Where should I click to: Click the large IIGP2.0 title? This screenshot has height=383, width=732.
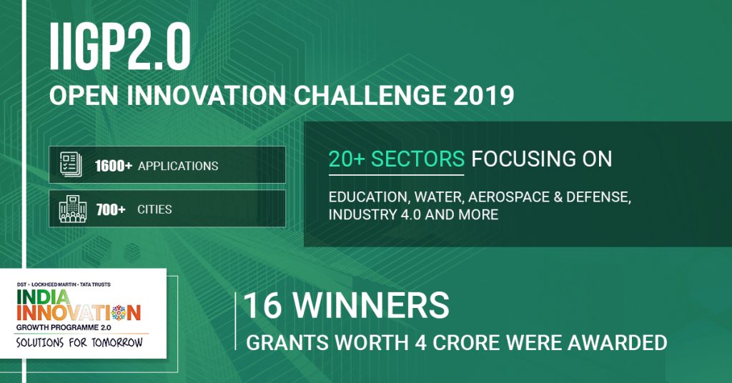[119, 46]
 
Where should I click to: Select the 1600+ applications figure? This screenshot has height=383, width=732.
[114, 166]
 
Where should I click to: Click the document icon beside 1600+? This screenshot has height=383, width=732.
[71, 164]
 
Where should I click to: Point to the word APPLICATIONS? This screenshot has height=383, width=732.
[178, 166]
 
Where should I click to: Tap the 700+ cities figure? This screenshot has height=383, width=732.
[111, 209]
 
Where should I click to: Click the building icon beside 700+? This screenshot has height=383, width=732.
[73, 209]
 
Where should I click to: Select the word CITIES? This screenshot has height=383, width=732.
[154, 209]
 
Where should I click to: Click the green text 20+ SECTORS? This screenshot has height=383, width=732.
[396, 159]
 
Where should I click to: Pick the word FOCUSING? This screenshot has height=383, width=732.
[520, 159]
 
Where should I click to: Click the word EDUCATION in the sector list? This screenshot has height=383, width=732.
[370, 197]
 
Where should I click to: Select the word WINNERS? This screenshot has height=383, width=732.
[371, 305]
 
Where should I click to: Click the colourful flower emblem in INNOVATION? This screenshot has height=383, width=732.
[119, 313]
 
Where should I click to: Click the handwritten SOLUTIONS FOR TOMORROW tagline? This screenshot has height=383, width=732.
[79, 343]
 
